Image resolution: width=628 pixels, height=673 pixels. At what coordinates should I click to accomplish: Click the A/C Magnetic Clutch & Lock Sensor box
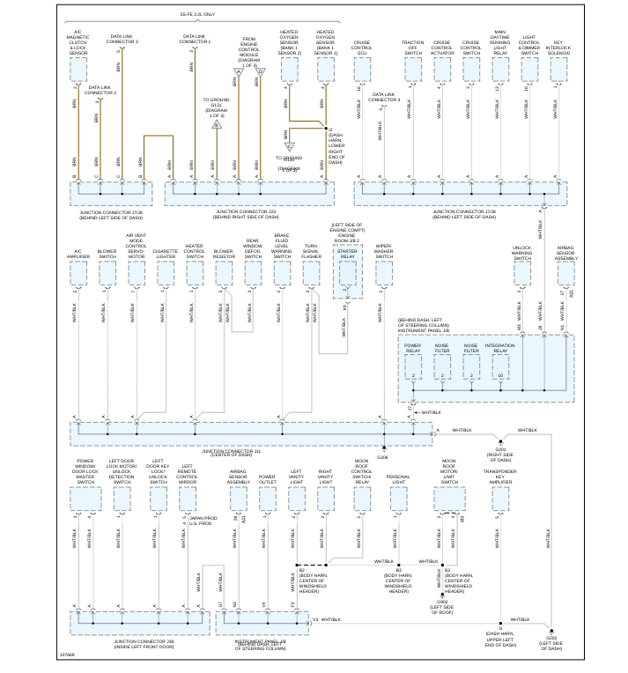pos(78,70)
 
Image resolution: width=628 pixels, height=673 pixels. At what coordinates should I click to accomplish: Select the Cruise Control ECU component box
pos(362,70)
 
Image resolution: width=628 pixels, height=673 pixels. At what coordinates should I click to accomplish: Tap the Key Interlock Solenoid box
pos(558,70)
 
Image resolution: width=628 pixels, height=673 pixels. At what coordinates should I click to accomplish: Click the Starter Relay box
pos(348,273)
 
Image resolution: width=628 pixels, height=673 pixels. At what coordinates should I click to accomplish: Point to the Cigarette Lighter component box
pos(166,273)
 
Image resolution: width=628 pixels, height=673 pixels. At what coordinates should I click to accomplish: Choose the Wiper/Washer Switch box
pos(384,273)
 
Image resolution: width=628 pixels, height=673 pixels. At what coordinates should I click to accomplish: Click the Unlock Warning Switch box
pos(522,273)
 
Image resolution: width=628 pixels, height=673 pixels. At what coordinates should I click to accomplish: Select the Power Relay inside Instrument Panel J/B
pos(413,366)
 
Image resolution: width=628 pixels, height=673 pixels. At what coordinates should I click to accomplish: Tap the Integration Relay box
pos(500,366)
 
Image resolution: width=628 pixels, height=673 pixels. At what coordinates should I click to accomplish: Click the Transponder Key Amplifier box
pos(500,499)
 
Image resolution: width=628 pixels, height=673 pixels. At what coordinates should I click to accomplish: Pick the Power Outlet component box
pos(267,499)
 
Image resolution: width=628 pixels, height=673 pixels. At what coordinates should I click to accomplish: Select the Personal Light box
pos(398,499)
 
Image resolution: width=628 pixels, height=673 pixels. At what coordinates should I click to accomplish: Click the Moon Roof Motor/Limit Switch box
pos(449,499)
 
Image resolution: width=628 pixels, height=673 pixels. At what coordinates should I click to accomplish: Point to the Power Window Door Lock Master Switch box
pos(85,499)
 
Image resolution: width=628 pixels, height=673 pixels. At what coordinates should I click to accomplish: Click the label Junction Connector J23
pos(246,211)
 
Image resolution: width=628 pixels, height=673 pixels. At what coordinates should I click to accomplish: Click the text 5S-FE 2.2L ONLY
pos(197,15)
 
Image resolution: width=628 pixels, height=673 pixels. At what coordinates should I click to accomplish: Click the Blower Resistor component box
pos(224,273)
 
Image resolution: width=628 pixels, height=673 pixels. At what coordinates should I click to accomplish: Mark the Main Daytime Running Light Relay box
pos(500,70)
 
